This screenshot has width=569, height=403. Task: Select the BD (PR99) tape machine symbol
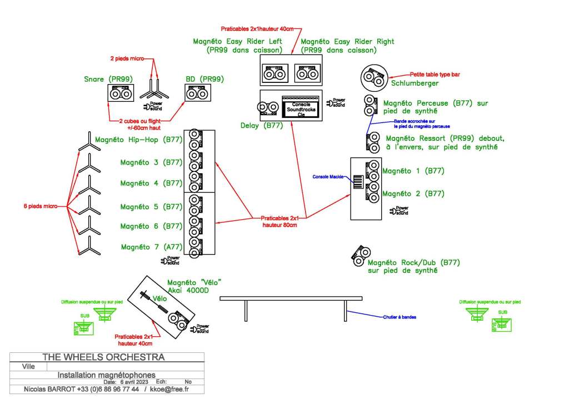(198, 94)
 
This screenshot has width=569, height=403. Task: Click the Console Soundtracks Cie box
(301, 108)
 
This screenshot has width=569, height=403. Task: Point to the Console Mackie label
(328, 176)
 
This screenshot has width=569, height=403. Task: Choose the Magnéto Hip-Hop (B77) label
(139, 140)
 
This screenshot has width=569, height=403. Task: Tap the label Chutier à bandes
(400, 317)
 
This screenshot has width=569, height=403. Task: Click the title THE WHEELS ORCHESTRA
(103, 357)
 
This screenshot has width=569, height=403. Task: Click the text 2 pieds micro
(127, 58)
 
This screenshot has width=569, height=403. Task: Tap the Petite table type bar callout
(435, 74)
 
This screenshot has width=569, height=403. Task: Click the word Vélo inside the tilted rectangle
(161, 298)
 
